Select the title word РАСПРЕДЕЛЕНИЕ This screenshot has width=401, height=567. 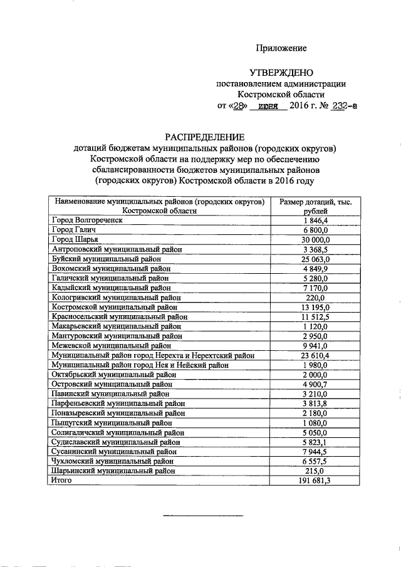(204, 137)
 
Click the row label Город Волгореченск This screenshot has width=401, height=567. (86, 221)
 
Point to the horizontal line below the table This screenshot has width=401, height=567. (202, 516)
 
